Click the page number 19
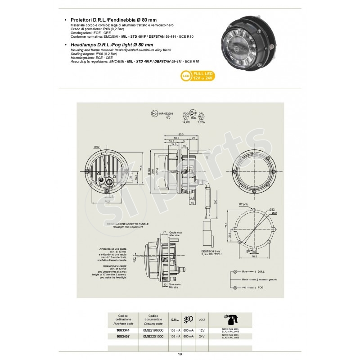(x=180, y=355)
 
